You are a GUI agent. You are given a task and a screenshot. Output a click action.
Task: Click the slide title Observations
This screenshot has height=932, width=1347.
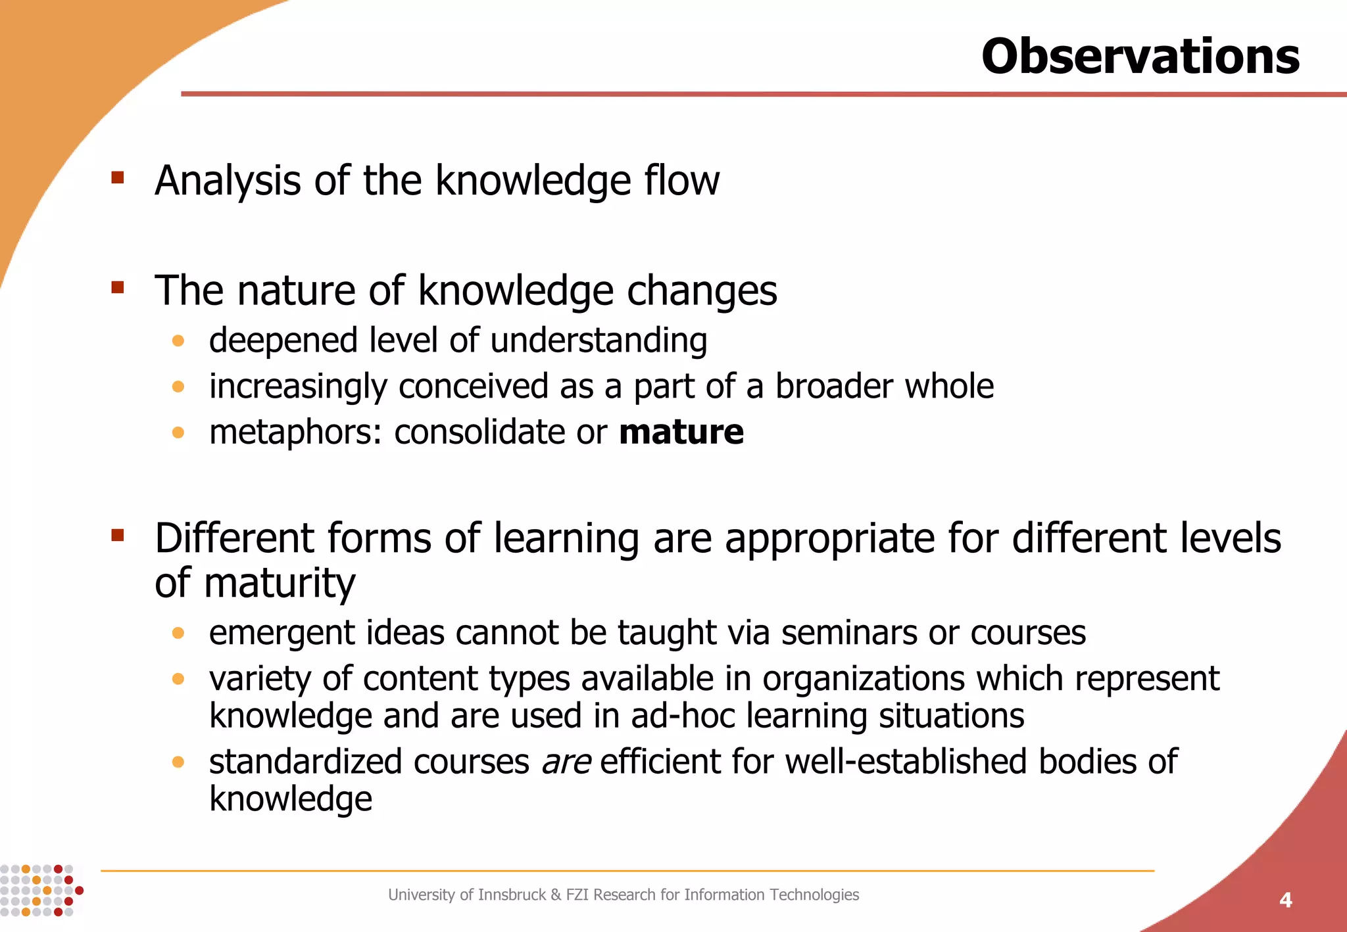[1140, 57]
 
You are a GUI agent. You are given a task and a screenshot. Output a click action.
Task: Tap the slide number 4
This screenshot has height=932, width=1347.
[1285, 900]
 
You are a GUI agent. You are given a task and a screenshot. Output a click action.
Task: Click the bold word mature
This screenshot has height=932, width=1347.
[681, 432]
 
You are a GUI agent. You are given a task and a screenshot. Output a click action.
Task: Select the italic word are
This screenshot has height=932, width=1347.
[566, 762]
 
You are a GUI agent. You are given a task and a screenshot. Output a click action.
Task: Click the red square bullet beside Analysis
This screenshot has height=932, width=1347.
[118, 177]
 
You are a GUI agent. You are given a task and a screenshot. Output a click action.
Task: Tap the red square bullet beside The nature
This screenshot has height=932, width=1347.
[118, 287]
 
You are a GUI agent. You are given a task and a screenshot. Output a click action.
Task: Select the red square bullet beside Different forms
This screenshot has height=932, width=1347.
[118, 535]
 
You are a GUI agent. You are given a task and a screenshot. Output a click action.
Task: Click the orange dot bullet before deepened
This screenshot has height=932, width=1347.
[178, 340]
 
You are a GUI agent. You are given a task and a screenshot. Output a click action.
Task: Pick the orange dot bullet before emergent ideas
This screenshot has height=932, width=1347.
[178, 633]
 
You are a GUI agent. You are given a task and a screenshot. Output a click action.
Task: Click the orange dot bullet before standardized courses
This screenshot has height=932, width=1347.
[178, 762]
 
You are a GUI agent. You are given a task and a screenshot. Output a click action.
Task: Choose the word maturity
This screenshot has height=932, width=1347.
[280, 584]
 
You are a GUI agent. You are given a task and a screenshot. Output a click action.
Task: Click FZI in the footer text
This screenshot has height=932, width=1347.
[577, 895]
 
